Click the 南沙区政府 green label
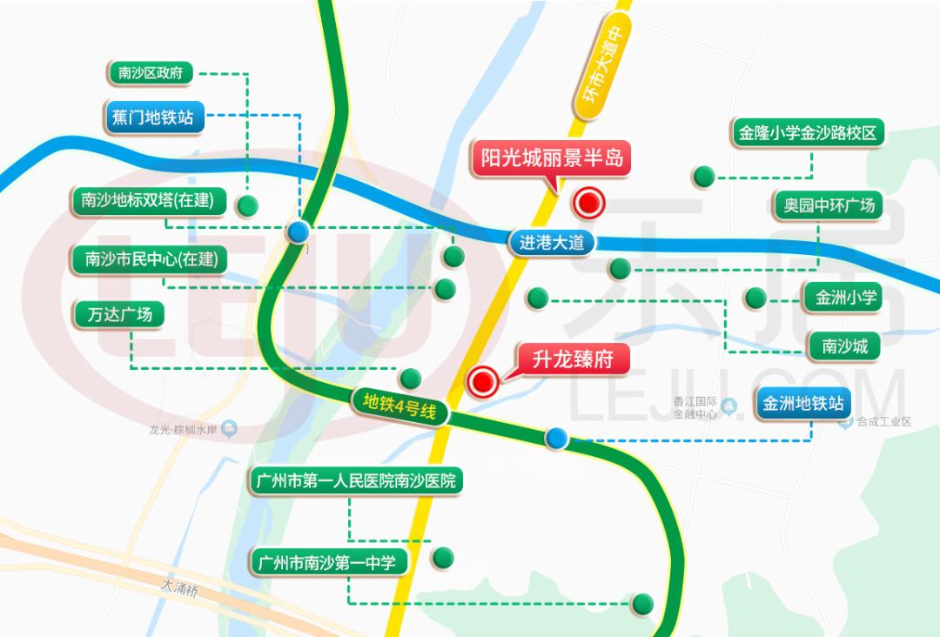pyautogui.click(x=150, y=72)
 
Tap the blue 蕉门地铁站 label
pyautogui.click(x=152, y=117)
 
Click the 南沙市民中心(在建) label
pyautogui.click(x=150, y=258)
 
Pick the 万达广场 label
pyautogui.click(x=119, y=314)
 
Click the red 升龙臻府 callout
pyautogui.click(x=572, y=359)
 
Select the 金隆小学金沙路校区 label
pyautogui.click(x=808, y=134)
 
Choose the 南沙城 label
pyautogui.click(x=844, y=346)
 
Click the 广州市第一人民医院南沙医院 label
pyautogui.click(x=354, y=481)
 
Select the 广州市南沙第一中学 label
pyautogui.click(x=327, y=562)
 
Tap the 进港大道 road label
pyautogui.click(x=552, y=243)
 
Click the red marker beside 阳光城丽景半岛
pyautogui.click(x=589, y=204)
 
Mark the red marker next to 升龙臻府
pyautogui.click(x=483, y=380)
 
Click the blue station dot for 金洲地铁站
pyautogui.click(x=556, y=438)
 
